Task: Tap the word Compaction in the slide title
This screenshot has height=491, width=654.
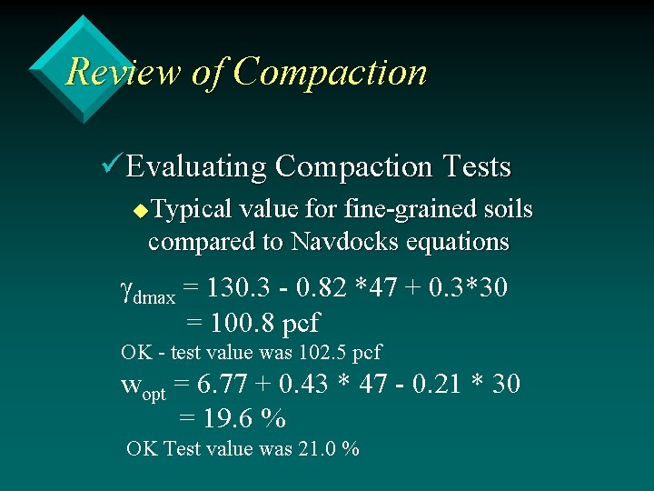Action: pos(330,72)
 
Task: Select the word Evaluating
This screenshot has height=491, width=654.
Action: pos(196,167)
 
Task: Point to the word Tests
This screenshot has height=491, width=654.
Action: pos(476,167)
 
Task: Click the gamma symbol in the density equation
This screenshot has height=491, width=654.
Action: pos(127,291)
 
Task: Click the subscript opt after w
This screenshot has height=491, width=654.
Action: pos(154,395)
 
